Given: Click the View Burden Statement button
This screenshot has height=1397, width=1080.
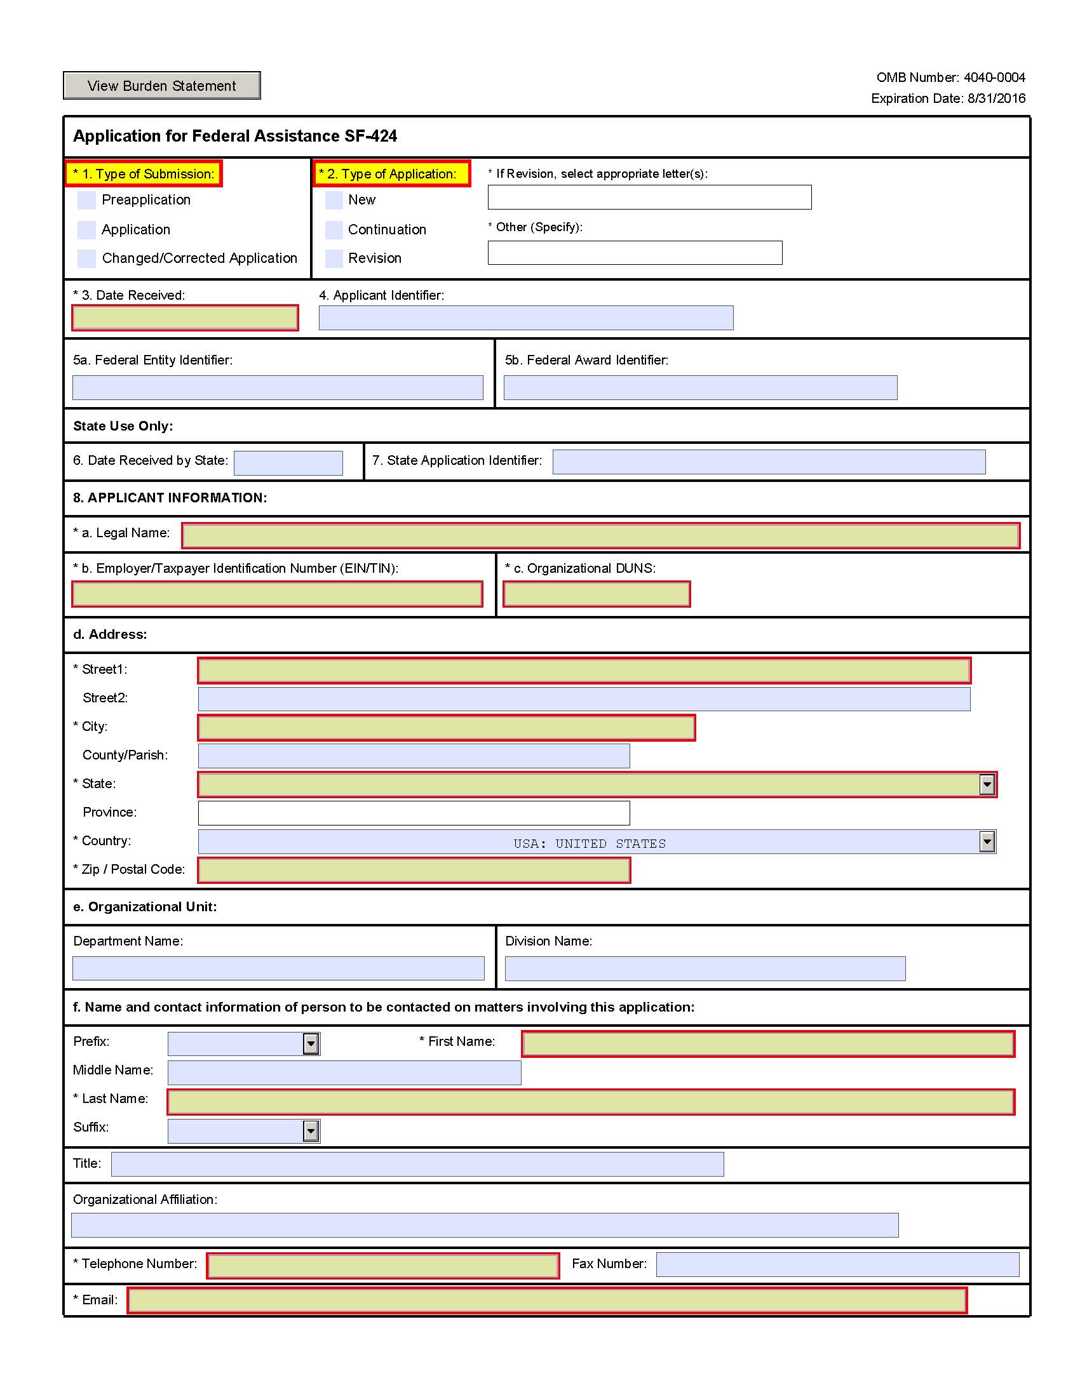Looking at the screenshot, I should pyautogui.click(x=161, y=86).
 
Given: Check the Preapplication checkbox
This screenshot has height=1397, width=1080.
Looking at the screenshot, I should pyautogui.click(x=86, y=200).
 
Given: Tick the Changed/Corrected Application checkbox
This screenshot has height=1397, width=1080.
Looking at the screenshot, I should pyautogui.click(x=86, y=258).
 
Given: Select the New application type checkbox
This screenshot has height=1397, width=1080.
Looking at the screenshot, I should pyautogui.click(x=334, y=200).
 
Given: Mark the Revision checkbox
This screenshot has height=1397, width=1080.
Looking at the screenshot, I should pyautogui.click(x=334, y=258).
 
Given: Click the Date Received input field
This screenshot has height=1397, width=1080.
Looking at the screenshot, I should pyautogui.click(x=185, y=318).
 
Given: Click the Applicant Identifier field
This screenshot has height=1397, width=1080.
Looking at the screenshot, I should pyautogui.click(x=525, y=318).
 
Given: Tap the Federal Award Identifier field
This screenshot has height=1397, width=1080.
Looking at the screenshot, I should pyautogui.click(x=700, y=387).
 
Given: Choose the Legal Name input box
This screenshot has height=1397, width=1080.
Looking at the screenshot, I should pyautogui.click(x=600, y=535).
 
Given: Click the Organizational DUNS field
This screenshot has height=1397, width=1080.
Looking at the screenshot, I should pyautogui.click(x=597, y=594).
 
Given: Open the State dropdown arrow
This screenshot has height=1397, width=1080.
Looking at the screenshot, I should pyautogui.click(x=987, y=784).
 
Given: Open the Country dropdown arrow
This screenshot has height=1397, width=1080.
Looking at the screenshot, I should pyautogui.click(x=987, y=842).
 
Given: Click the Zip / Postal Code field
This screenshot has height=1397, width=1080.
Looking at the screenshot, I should pyautogui.click(x=414, y=871).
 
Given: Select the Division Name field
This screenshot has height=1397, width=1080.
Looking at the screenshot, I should pyautogui.click(x=705, y=968).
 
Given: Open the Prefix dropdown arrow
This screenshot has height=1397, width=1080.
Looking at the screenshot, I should pyautogui.click(x=311, y=1044).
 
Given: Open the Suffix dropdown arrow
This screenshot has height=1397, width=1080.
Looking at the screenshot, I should pyautogui.click(x=311, y=1131).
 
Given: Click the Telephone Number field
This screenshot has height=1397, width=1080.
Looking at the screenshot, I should pyautogui.click(x=382, y=1266).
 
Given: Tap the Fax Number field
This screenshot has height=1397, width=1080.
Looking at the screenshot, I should pyautogui.click(x=837, y=1264).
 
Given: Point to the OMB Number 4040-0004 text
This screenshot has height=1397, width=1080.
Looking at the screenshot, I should pyautogui.click(x=950, y=77).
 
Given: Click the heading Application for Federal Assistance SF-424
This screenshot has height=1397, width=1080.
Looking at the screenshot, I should pyautogui.click(x=235, y=137).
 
